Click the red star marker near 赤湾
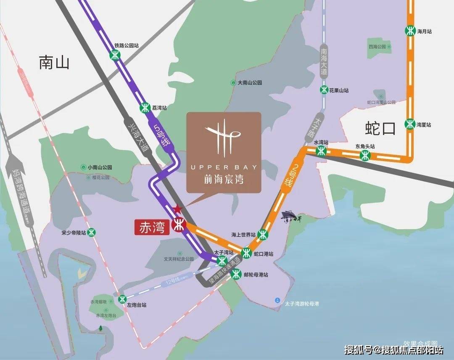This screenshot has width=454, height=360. click(177, 209)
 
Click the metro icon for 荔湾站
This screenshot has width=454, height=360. click(145, 108)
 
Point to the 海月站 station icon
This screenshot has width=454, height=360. click(410, 31)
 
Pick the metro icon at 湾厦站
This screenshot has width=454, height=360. click(410, 124)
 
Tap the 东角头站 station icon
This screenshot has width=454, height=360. click(365, 155)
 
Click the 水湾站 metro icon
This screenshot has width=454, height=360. click(321, 152)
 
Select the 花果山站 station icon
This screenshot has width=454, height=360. click(324, 90)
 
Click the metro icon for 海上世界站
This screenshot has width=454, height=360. click(263, 234)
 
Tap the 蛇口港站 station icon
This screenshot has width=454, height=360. click(246, 253)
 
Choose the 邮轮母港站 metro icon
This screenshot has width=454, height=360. click(236, 273)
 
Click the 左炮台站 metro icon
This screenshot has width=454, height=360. click(122, 299)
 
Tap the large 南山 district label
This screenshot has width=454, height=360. click(54, 63)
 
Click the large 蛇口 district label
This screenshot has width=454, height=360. click(380, 129)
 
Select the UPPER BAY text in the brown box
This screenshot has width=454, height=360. click(224, 167)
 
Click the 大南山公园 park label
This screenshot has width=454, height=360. click(250, 83)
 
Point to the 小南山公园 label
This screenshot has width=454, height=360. click(100, 167)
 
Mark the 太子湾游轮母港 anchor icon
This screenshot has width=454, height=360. click(277, 300)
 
